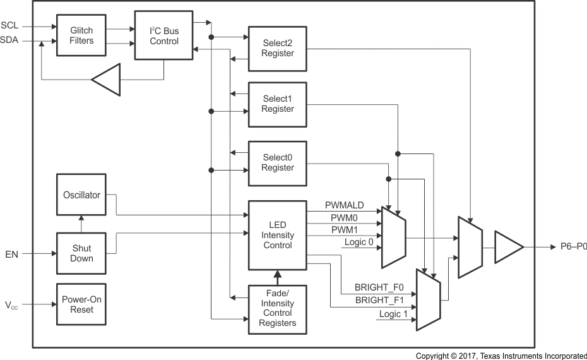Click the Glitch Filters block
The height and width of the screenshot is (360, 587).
[81, 35]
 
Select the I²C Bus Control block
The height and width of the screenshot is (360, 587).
[164, 35]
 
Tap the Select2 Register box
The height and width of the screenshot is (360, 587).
[277, 49]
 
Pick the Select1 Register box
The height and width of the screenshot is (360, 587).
[277, 104]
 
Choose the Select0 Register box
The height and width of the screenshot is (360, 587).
[277, 163]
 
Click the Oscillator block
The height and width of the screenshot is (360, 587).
[81, 195]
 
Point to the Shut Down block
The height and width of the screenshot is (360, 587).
[81, 253]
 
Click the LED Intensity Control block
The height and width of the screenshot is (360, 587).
[277, 235]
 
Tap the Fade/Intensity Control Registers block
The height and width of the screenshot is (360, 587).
[277, 309]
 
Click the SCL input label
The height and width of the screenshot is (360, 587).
[9, 26]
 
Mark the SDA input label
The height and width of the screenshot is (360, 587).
[9, 41]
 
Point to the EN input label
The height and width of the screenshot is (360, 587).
[11, 254]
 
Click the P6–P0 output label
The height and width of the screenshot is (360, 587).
[573, 247]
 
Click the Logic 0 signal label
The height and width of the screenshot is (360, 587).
[359, 243]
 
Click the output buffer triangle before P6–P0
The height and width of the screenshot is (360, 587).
[507, 247]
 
